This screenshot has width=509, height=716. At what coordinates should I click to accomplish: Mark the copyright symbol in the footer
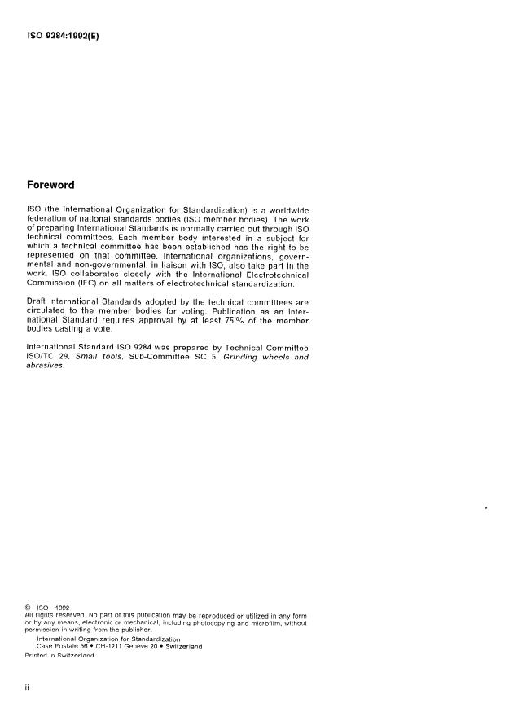(30, 607)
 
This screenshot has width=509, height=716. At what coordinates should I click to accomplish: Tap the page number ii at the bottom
(29, 687)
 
